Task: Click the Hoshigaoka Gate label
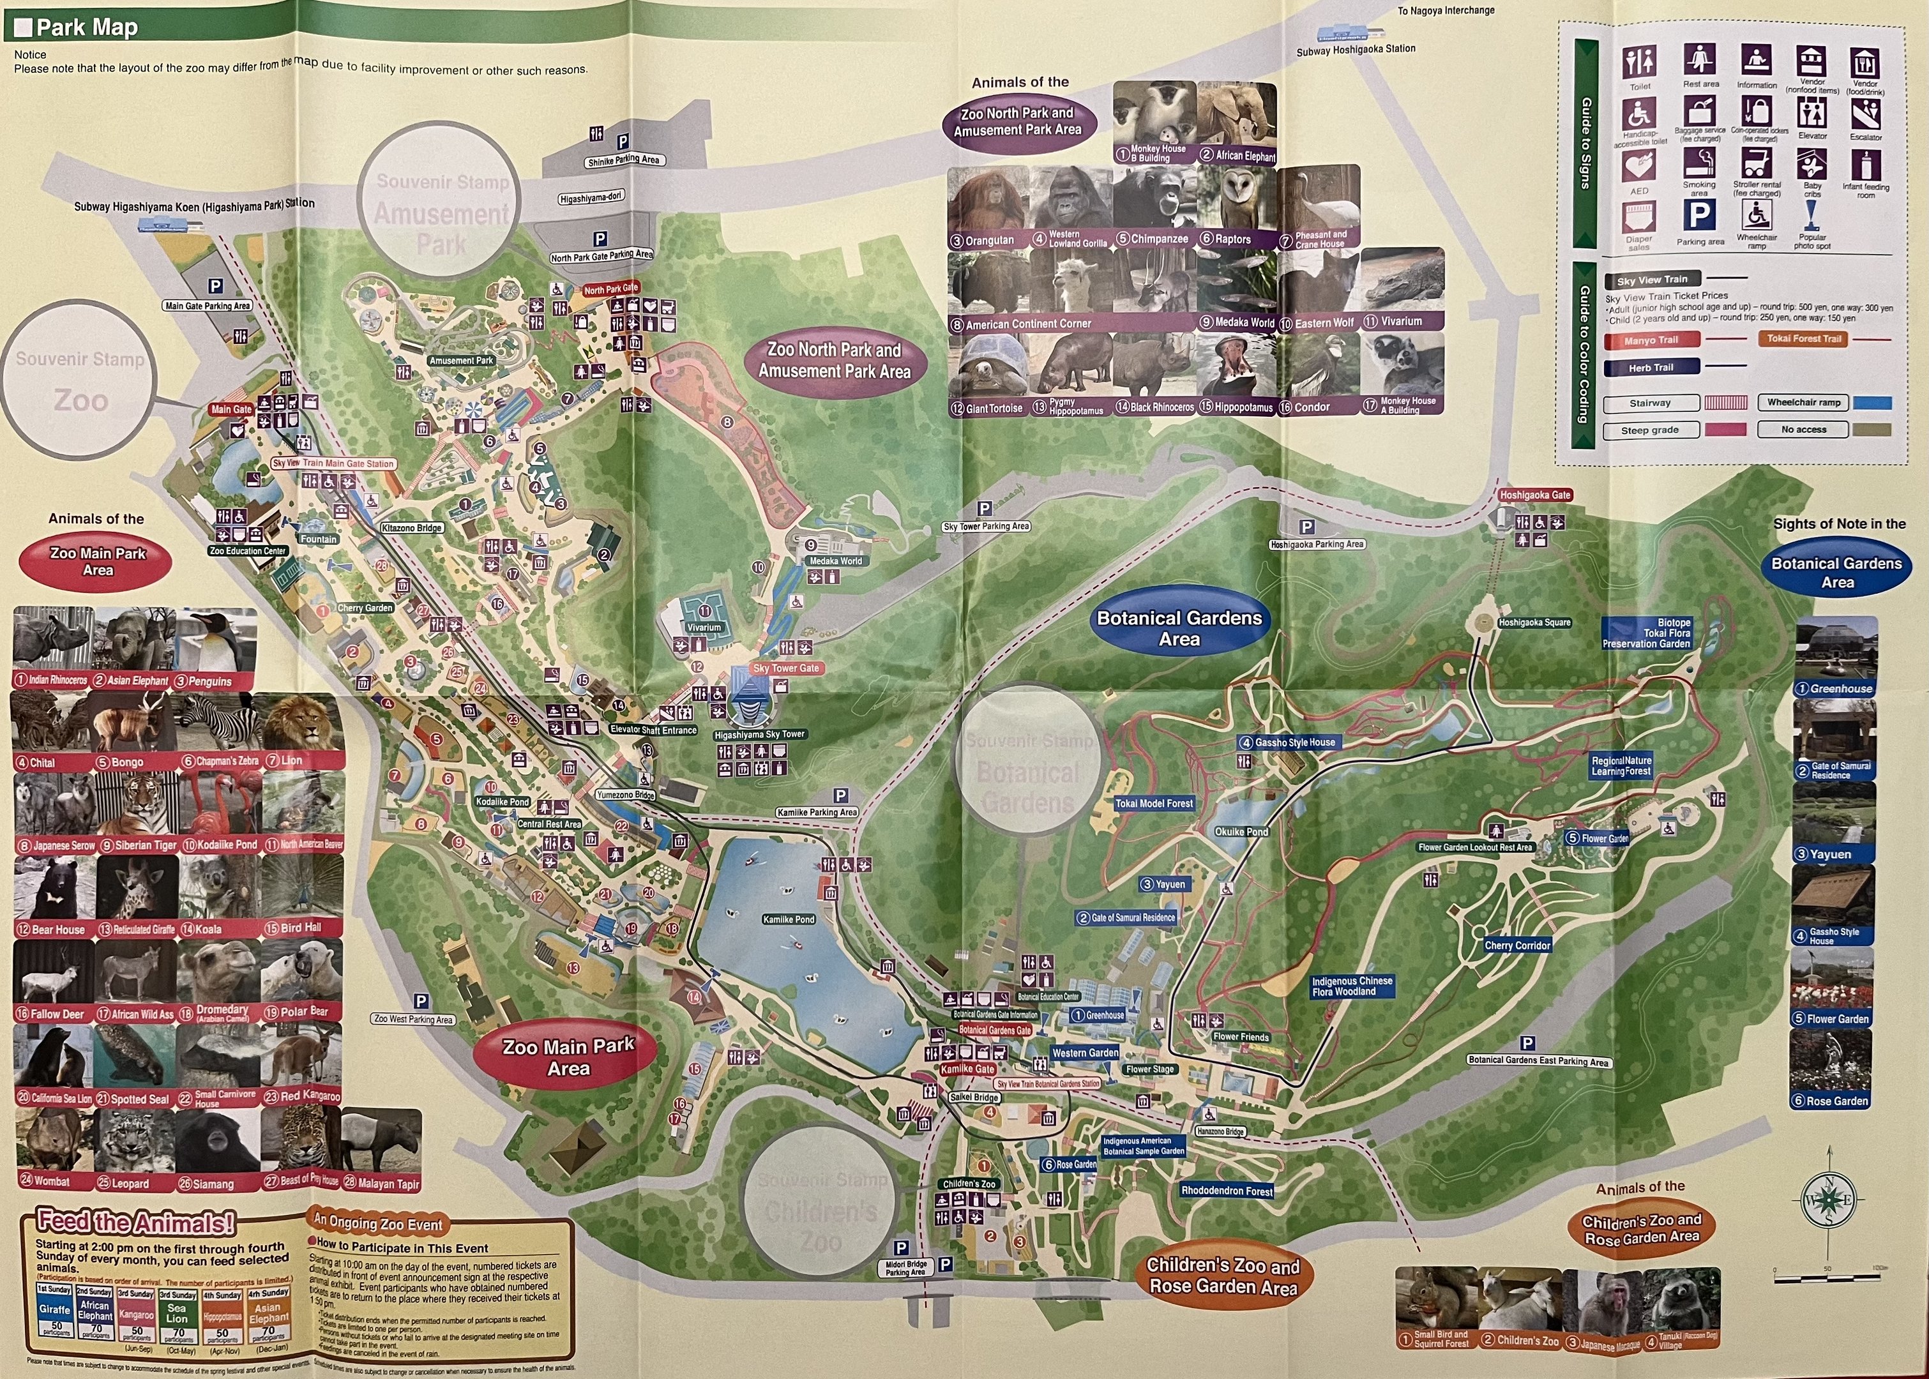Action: (1535, 495)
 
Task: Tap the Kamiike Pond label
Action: (788, 919)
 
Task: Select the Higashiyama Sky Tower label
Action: (759, 734)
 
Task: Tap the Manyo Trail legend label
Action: (1651, 340)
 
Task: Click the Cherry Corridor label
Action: (1517, 945)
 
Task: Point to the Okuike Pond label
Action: (1241, 831)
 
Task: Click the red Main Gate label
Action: (231, 409)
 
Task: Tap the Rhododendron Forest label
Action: (1227, 1191)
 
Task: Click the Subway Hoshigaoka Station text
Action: (1356, 50)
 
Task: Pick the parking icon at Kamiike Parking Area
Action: (840, 795)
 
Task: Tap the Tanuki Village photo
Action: (1679, 1304)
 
